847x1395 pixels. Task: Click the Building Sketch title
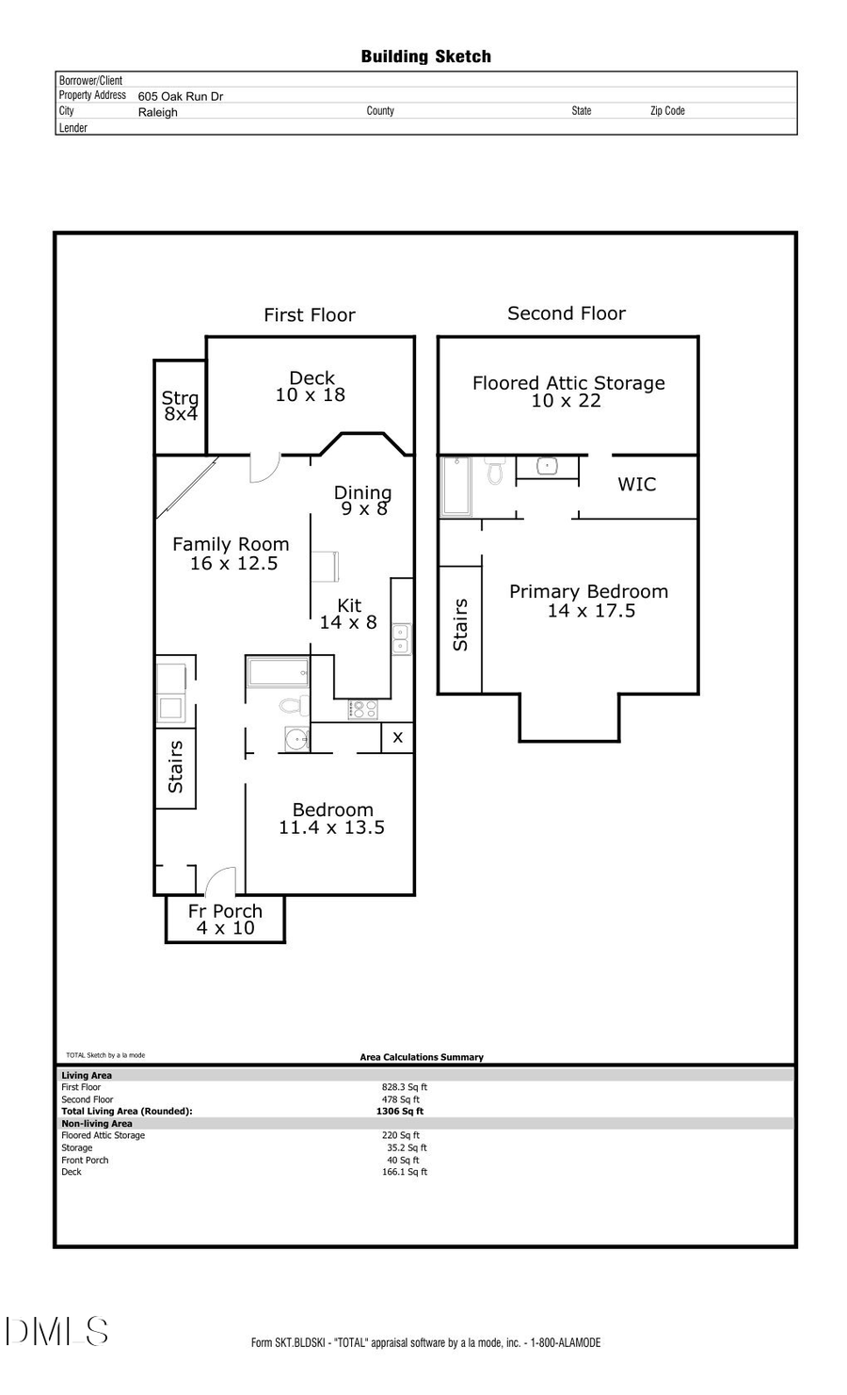(425, 56)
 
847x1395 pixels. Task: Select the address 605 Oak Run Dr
(180, 96)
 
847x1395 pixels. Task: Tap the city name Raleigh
(157, 112)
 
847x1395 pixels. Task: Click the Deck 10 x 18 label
(311, 387)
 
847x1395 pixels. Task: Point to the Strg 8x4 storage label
(180, 406)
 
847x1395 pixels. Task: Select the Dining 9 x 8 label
(362, 500)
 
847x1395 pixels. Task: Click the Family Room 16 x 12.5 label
(231, 553)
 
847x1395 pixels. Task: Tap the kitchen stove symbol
(362, 710)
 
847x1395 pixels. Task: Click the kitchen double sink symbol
(401, 639)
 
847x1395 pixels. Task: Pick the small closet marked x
(397, 737)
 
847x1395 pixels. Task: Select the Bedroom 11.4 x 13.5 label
(332, 818)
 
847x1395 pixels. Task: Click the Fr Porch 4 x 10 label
(225, 919)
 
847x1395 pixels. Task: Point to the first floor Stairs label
(175, 766)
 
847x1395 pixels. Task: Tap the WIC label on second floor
(636, 485)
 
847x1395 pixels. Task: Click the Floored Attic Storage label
(567, 392)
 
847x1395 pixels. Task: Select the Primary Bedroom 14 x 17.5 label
(589, 601)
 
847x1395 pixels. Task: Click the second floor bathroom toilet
(495, 471)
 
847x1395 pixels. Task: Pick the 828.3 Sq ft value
(404, 1087)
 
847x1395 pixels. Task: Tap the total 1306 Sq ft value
(399, 1111)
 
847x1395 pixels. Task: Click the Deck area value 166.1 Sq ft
(404, 1172)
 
